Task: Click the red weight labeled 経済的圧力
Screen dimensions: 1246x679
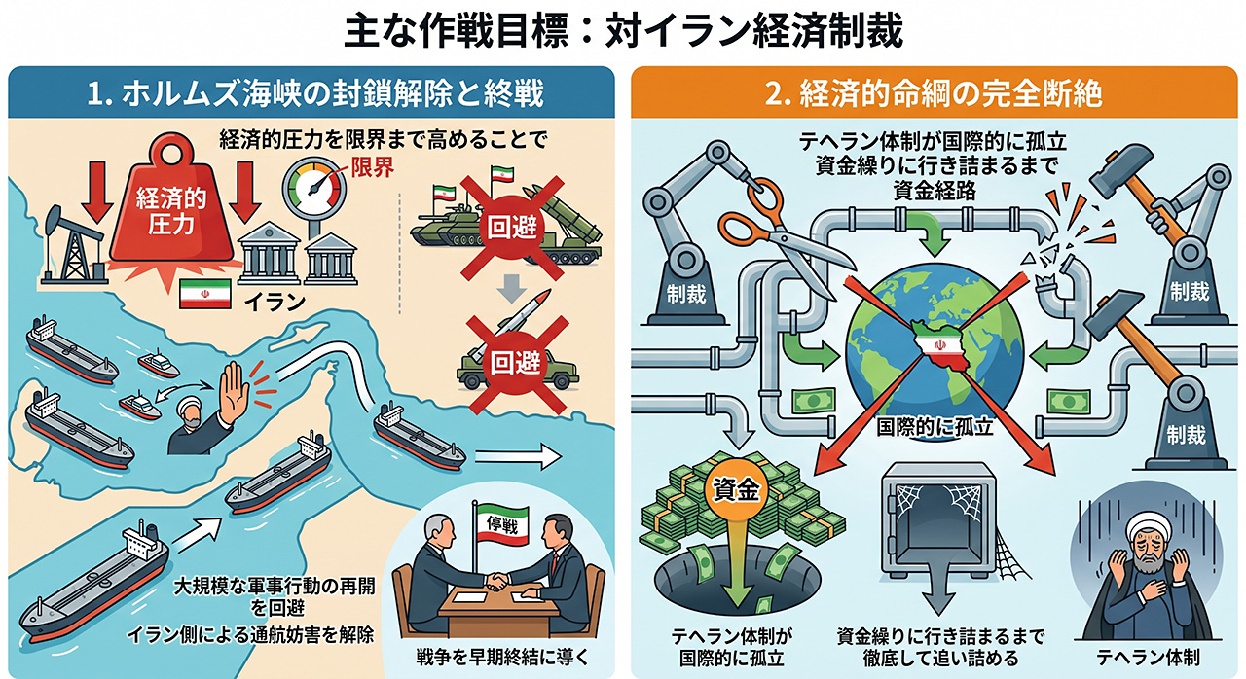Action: pos(170,208)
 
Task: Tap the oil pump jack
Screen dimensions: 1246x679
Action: pos(73,244)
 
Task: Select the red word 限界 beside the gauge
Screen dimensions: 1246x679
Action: pos(372,166)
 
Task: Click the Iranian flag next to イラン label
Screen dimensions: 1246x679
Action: pos(204,294)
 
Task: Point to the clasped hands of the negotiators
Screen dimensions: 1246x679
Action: pos(497,581)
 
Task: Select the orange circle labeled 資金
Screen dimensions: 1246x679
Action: pos(735,489)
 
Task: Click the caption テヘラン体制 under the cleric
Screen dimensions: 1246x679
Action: pos(1148,658)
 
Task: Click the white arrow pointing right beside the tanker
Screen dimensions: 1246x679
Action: pos(517,457)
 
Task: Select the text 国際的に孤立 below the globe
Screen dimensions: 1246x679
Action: pos(934,427)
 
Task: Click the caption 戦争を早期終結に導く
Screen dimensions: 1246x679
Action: pos(502,658)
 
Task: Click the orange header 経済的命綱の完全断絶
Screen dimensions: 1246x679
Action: pos(934,92)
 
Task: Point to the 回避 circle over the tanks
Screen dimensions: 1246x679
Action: pos(512,228)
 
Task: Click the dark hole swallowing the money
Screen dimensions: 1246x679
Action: pos(737,581)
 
